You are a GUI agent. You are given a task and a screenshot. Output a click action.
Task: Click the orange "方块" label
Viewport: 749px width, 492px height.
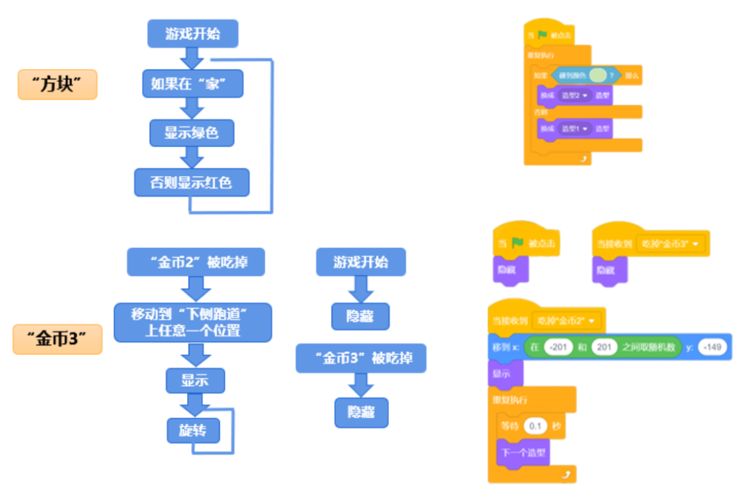click(x=57, y=85)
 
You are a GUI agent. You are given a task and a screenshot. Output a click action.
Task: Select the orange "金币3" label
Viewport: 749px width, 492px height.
click(x=57, y=340)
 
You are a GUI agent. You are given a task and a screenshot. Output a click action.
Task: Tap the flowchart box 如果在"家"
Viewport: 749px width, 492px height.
click(x=192, y=84)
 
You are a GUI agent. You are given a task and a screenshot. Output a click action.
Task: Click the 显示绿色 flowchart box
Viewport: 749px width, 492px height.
click(x=191, y=132)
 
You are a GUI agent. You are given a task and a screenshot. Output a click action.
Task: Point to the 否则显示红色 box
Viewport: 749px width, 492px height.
click(x=191, y=182)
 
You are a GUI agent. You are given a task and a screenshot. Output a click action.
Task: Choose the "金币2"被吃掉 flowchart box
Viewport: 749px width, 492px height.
click(x=196, y=262)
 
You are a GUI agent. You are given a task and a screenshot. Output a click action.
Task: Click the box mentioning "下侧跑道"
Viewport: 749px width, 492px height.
click(x=193, y=322)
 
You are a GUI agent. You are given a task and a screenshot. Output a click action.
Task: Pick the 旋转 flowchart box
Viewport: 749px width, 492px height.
click(x=193, y=430)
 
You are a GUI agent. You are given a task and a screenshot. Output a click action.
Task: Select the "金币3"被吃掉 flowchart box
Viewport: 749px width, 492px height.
click(x=360, y=358)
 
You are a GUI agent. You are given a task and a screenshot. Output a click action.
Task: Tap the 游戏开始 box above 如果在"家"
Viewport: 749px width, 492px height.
click(x=193, y=33)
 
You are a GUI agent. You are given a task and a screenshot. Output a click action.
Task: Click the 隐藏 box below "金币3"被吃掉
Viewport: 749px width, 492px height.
click(x=361, y=412)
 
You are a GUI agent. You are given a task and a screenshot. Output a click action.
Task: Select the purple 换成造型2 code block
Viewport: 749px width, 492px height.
click(x=575, y=96)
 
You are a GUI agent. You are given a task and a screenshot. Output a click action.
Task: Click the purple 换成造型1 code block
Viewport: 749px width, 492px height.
click(x=575, y=128)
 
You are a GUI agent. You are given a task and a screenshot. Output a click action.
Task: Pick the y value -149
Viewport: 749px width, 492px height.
click(x=712, y=346)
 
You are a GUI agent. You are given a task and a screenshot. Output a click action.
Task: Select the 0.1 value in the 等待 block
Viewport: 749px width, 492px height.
click(x=535, y=426)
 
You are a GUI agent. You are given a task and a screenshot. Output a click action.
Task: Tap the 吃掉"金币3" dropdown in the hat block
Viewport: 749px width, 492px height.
click(x=671, y=244)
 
